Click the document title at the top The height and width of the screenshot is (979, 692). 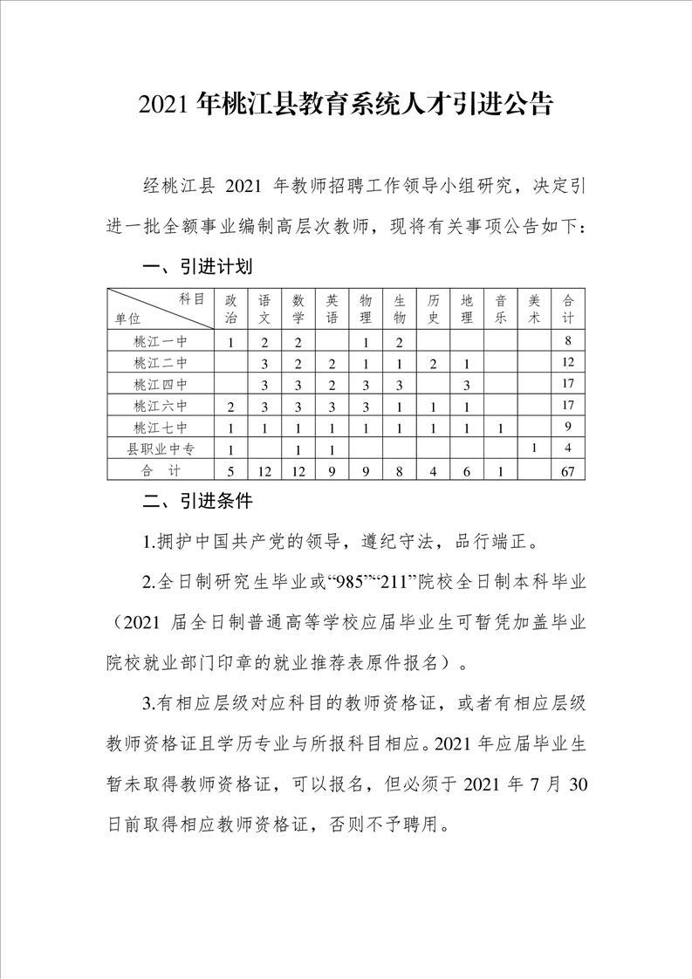point(346,106)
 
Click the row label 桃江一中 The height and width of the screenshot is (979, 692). point(161,341)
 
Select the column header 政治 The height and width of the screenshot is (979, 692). point(230,308)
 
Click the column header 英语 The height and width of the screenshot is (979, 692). point(332,308)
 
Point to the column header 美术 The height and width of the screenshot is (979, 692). point(534,308)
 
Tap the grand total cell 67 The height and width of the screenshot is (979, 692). point(568,471)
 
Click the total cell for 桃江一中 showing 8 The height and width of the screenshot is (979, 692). point(568,341)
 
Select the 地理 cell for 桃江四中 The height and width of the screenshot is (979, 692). point(468,384)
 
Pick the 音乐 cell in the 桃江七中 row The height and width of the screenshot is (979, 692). point(501,428)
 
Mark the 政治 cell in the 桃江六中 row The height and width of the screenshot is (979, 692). point(230,406)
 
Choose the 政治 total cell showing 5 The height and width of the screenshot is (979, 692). point(230,471)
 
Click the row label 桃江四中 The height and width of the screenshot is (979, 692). point(161,384)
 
